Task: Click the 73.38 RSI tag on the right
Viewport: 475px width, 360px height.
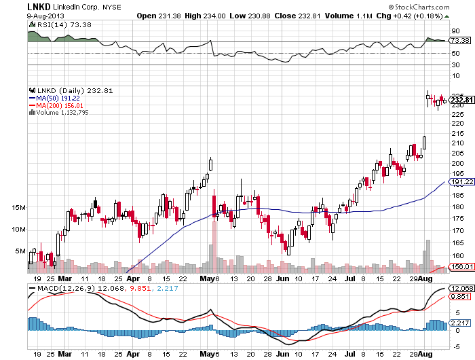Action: pos(459,41)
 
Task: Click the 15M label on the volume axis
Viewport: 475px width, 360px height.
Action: pos(18,207)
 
